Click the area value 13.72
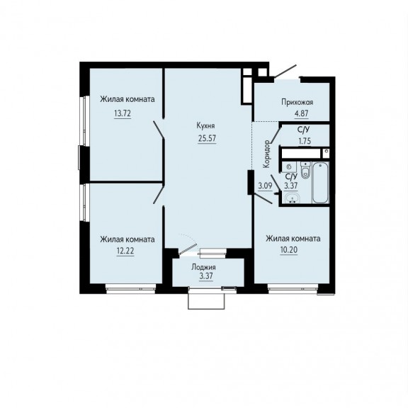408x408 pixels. [123, 113]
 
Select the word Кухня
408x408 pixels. [206, 126]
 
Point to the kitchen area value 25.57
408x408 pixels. [207, 138]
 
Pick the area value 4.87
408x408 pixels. [302, 114]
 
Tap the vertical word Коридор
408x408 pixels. [266, 154]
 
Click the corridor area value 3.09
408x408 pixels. [265, 186]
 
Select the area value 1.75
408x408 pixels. [305, 141]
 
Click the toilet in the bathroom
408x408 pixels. [305, 169]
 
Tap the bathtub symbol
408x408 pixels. [321, 183]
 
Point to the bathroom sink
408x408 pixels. [292, 198]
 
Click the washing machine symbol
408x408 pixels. [288, 166]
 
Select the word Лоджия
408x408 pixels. [203, 268]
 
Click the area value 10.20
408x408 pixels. [289, 250]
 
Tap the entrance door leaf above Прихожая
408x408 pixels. [285, 71]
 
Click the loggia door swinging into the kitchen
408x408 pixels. [188, 249]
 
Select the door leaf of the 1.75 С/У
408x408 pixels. [276, 135]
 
